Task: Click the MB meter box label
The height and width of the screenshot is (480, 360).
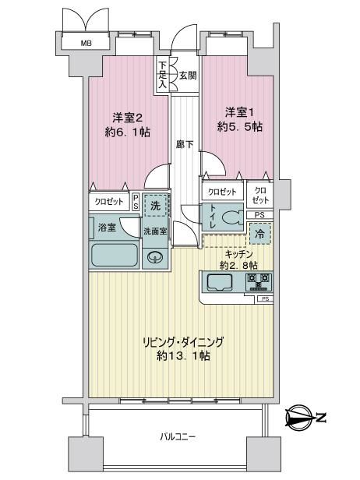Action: tap(86, 44)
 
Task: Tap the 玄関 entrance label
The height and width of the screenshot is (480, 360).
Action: tap(188, 76)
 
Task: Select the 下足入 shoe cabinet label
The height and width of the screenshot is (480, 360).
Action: tap(163, 76)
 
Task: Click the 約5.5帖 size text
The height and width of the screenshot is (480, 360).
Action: tap(240, 127)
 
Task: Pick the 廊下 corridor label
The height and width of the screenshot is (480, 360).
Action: tap(185, 144)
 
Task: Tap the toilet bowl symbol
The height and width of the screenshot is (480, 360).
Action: tap(232, 218)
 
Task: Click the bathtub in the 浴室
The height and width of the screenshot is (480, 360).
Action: tap(115, 256)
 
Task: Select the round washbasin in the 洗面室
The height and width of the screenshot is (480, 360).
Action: tap(155, 257)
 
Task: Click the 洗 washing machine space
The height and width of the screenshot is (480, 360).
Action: tap(155, 206)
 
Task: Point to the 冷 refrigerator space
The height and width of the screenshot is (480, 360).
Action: tap(260, 234)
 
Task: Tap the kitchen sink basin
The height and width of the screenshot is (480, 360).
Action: tap(219, 282)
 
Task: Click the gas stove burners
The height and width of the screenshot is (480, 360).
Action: tap(259, 281)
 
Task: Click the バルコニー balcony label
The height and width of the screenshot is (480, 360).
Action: tap(178, 437)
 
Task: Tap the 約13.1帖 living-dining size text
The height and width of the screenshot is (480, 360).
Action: tap(183, 355)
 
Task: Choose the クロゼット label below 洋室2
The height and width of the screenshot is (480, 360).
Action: tap(109, 201)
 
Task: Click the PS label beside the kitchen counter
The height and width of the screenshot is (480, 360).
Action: tap(266, 299)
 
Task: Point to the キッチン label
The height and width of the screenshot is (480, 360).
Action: tap(238, 254)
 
